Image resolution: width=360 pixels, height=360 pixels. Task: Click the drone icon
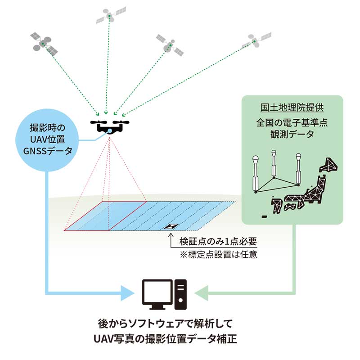click(110, 126)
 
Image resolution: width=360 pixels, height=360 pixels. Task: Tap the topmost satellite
click(111, 16)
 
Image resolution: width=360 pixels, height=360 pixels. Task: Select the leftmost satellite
click(44, 44)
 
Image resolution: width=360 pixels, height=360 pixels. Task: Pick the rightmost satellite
click(256, 40)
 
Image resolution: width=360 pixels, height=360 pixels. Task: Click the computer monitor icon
click(157, 294)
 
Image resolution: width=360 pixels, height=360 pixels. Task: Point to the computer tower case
click(180, 294)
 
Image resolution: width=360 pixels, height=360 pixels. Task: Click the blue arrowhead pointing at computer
click(127, 293)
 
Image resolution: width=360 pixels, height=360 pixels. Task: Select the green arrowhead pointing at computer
click(201, 293)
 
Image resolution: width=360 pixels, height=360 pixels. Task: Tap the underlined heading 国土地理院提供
click(292, 107)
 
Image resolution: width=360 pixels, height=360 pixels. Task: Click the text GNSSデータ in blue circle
click(48, 151)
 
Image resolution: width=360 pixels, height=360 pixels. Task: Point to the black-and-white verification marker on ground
click(171, 226)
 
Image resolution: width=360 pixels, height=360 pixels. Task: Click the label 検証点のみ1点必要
click(218, 241)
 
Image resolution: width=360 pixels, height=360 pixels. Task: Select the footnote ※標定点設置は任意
click(218, 254)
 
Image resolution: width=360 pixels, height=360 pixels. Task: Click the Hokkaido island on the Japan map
click(329, 165)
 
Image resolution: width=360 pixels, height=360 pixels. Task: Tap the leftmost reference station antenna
click(256, 174)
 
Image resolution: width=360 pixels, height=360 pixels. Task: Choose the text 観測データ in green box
click(292, 134)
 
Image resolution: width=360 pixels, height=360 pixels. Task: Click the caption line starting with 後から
click(165, 324)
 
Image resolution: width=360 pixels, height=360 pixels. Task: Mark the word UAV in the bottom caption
click(103, 339)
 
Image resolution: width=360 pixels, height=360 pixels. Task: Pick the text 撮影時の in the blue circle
click(47, 128)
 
